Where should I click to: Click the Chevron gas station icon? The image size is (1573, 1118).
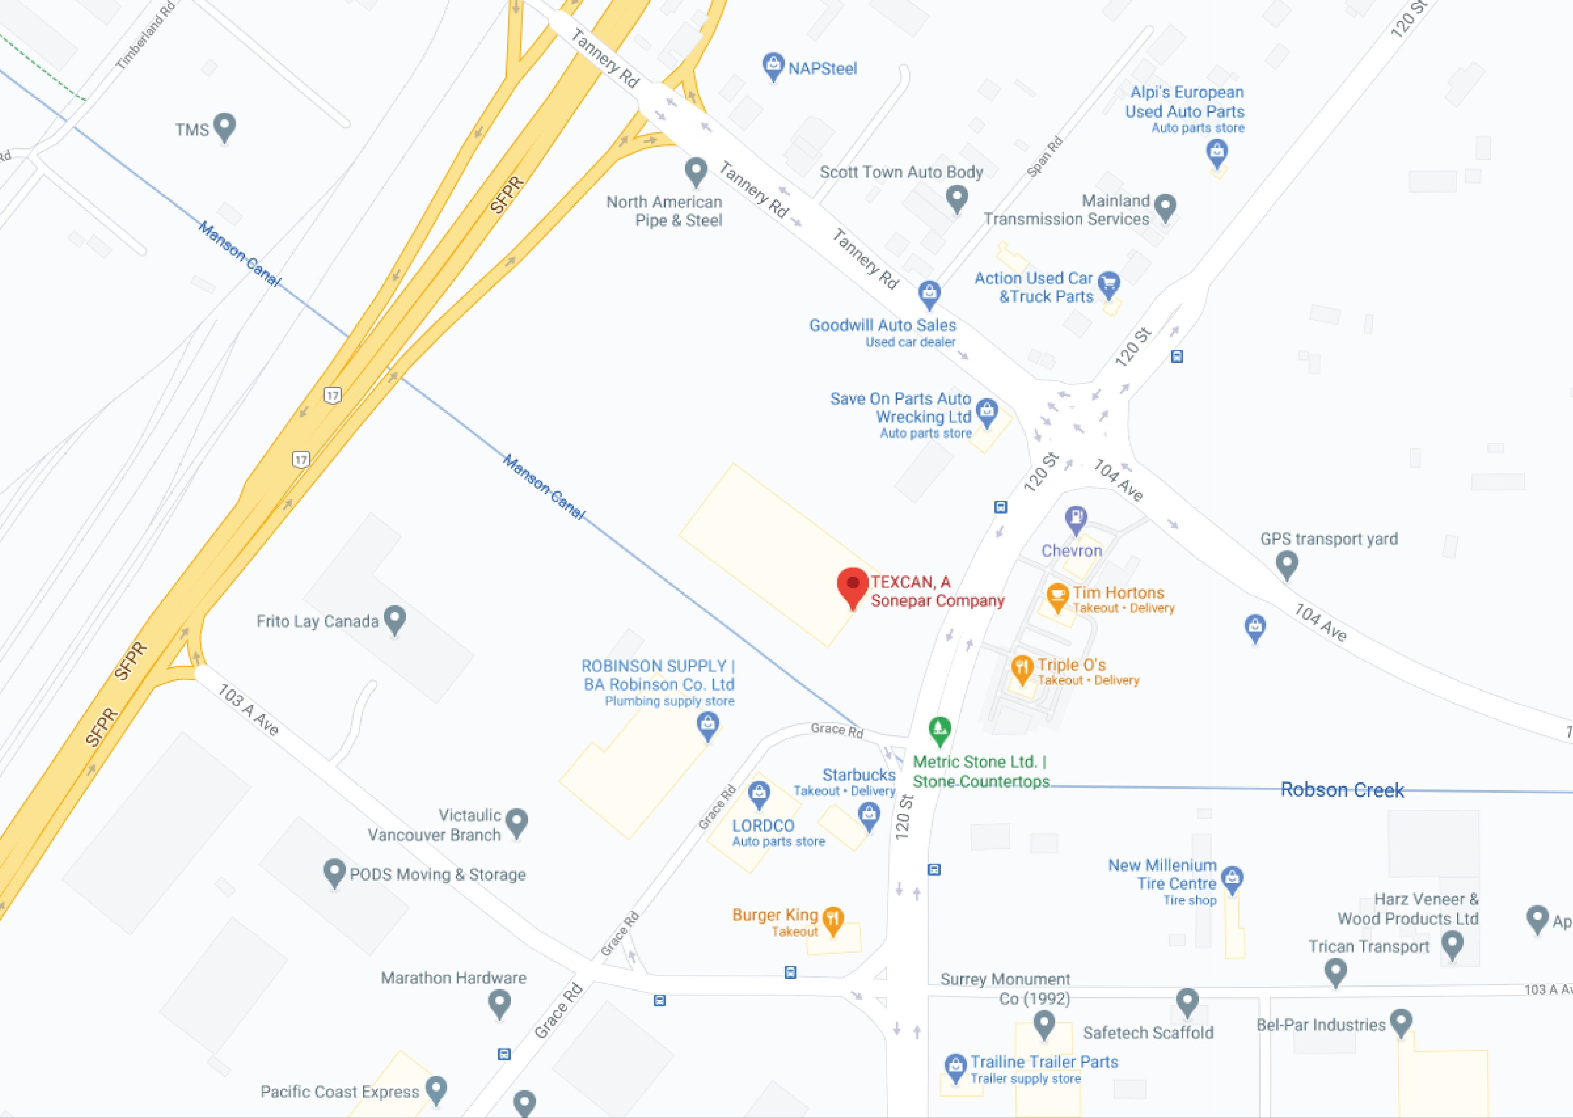pyautogui.click(x=1075, y=518)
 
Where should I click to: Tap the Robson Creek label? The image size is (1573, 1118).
pyautogui.click(x=1342, y=790)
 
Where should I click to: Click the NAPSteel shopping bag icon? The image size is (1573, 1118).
pyautogui.click(x=773, y=66)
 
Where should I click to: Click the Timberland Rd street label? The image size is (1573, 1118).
pyautogui.click(x=145, y=36)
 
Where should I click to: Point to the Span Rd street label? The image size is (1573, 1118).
pyautogui.click(x=1044, y=157)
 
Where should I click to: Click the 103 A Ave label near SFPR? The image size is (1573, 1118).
pyautogui.click(x=248, y=710)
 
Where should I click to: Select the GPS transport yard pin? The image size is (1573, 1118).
pyautogui.click(x=1286, y=564)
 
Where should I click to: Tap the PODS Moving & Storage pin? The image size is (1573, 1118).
pyautogui.click(x=334, y=872)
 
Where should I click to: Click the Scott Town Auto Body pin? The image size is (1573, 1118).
pyautogui.click(x=956, y=198)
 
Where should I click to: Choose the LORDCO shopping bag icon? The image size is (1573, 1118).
pyautogui.click(x=759, y=794)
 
